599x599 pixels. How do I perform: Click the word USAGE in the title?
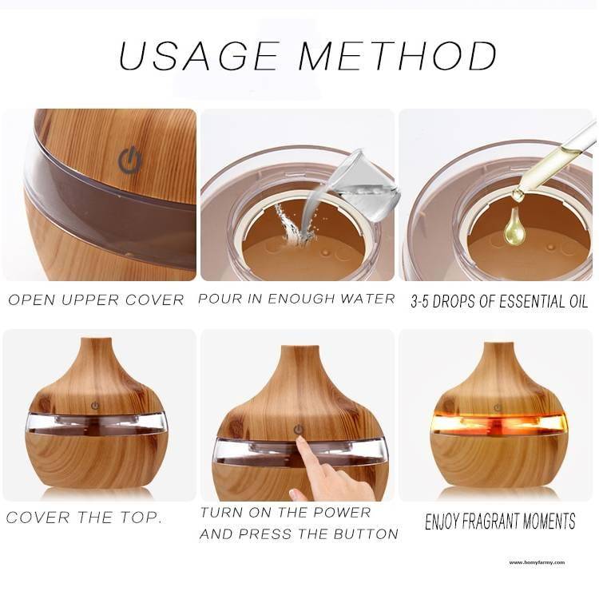200,57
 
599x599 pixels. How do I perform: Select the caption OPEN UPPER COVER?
96,300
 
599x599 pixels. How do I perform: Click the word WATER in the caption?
367,299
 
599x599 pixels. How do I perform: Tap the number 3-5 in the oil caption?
426,301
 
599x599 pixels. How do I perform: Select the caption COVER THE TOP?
84,518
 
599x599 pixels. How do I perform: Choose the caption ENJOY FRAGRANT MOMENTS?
500,522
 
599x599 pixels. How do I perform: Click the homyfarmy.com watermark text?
537,562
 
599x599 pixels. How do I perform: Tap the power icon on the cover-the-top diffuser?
95,405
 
